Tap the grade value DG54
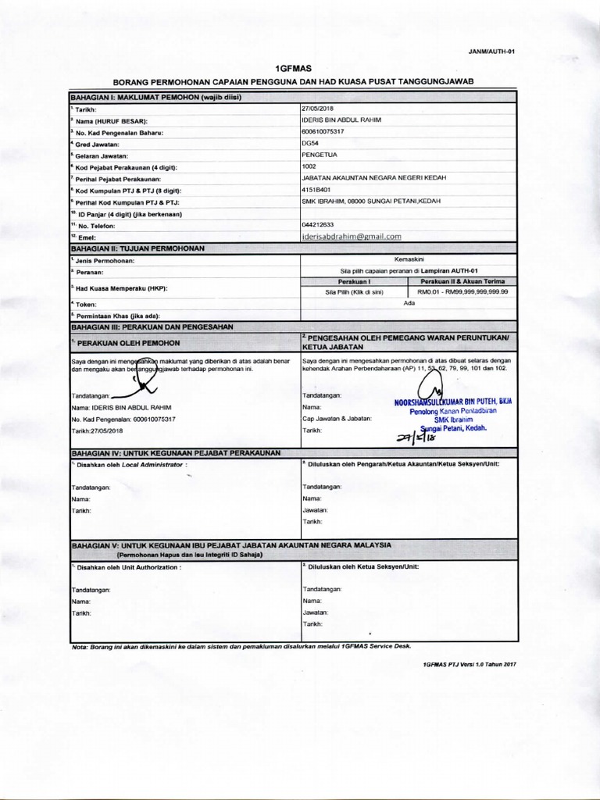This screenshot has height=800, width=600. coord(309,144)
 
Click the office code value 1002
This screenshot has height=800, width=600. coord(309,166)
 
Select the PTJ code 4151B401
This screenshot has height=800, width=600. coord(316,190)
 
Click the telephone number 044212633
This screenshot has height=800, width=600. coord(318,224)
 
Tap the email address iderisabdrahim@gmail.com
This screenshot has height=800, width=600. coord(351,236)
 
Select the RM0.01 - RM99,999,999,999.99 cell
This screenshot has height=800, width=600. coord(462,291)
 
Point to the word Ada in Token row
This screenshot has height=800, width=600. coord(409,303)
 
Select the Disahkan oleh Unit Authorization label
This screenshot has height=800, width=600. coord(127,566)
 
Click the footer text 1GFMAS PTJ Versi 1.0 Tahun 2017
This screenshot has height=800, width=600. coord(469,663)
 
